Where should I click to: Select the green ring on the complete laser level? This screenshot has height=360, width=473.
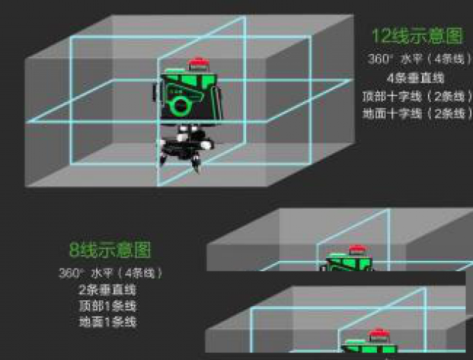[x=179, y=106]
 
